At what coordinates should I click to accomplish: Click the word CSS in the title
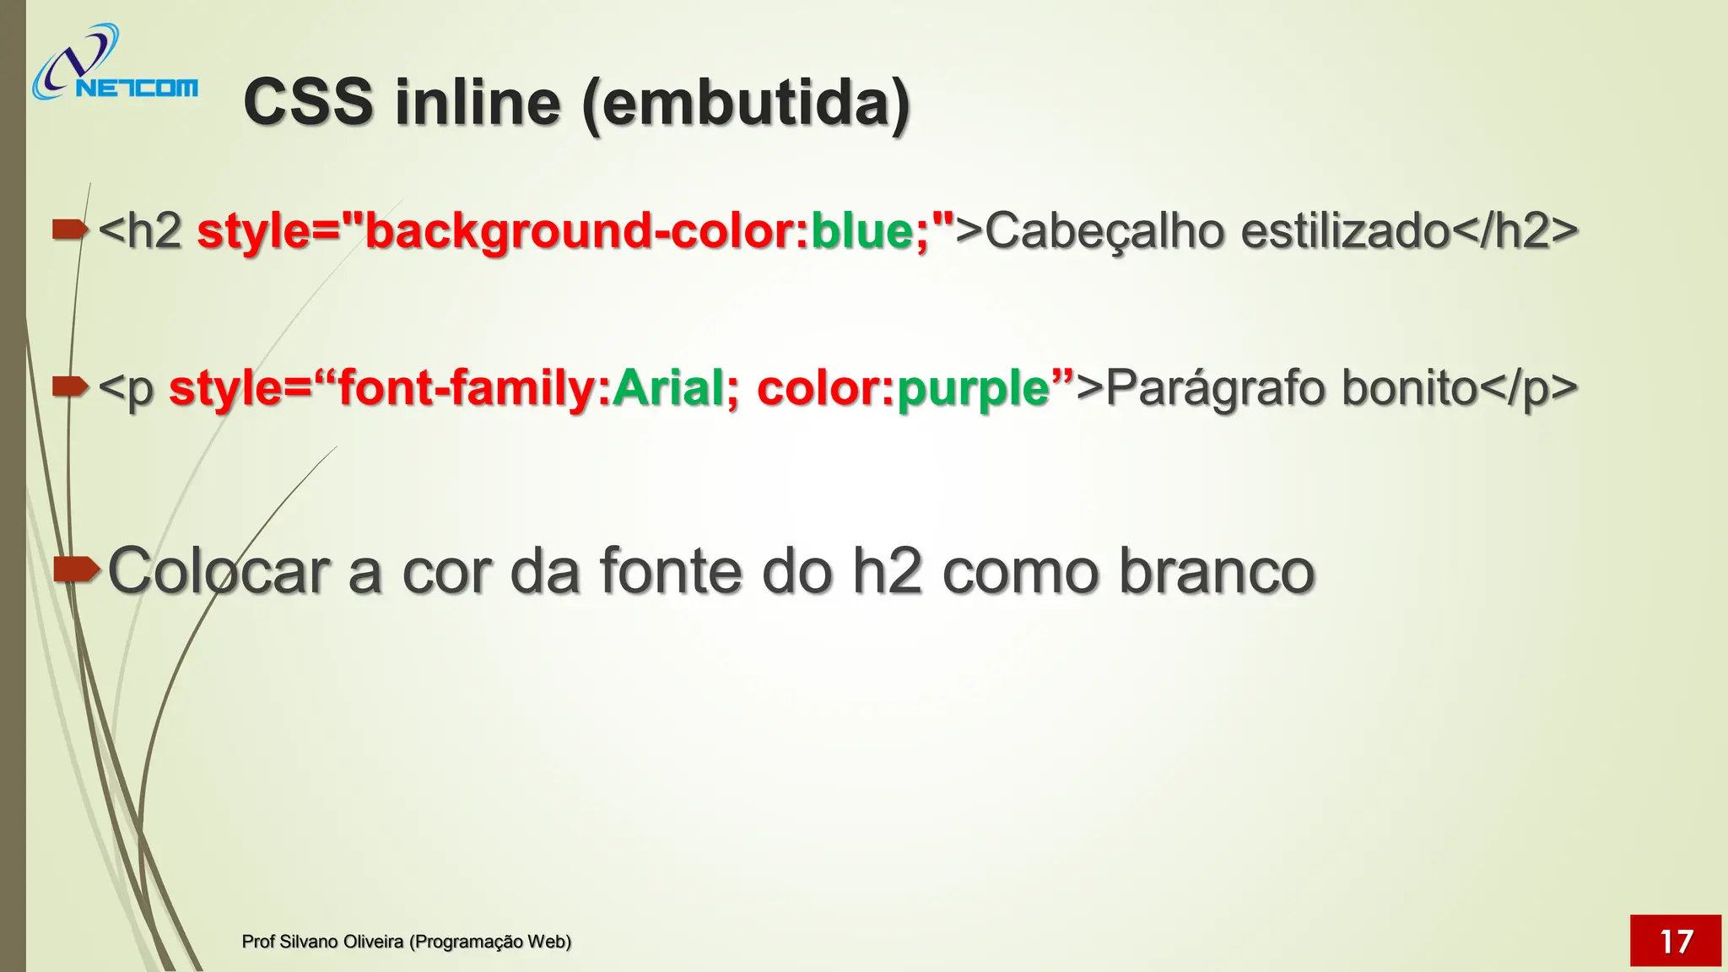(308, 103)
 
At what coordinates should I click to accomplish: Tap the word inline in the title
(478, 103)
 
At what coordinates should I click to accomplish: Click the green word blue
(861, 230)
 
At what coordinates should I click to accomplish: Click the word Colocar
(219, 572)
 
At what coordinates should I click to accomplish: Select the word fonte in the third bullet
(672, 572)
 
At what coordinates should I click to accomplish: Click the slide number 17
(1675, 941)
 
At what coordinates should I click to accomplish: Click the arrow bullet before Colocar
(76, 570)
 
